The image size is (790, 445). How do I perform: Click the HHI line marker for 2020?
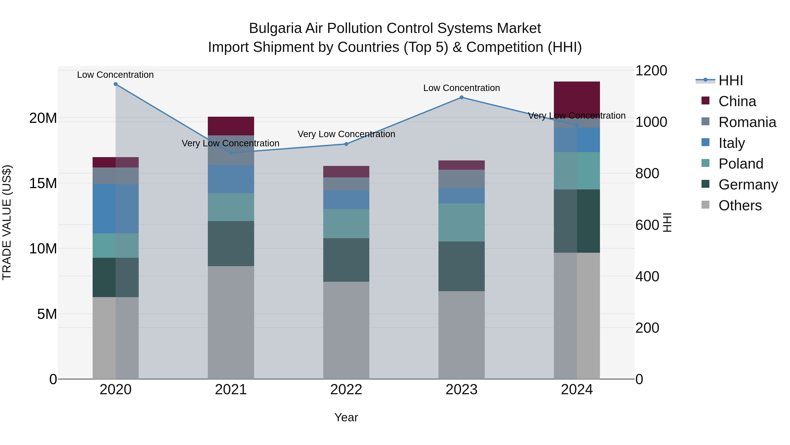[116, 84]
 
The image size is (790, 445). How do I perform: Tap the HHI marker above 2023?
[461, 97]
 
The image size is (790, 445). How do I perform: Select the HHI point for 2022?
[346, 144]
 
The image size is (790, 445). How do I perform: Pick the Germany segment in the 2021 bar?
[231, 243]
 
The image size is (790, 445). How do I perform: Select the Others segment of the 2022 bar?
[346, 330]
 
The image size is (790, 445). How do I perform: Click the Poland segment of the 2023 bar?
[461, 222]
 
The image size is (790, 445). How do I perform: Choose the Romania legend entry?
[747, 122]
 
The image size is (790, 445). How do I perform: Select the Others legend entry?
[740, 205]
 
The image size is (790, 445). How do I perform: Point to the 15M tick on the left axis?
[43, 183]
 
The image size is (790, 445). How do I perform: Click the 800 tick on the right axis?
[647, 174]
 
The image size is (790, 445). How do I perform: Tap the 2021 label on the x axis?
[231, 390]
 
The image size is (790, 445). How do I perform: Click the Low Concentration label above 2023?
[461, 88]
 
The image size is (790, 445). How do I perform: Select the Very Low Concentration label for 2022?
[346, 134]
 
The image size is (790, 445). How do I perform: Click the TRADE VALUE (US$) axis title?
[7, 222]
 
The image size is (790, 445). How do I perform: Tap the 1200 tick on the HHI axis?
[651, 71]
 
